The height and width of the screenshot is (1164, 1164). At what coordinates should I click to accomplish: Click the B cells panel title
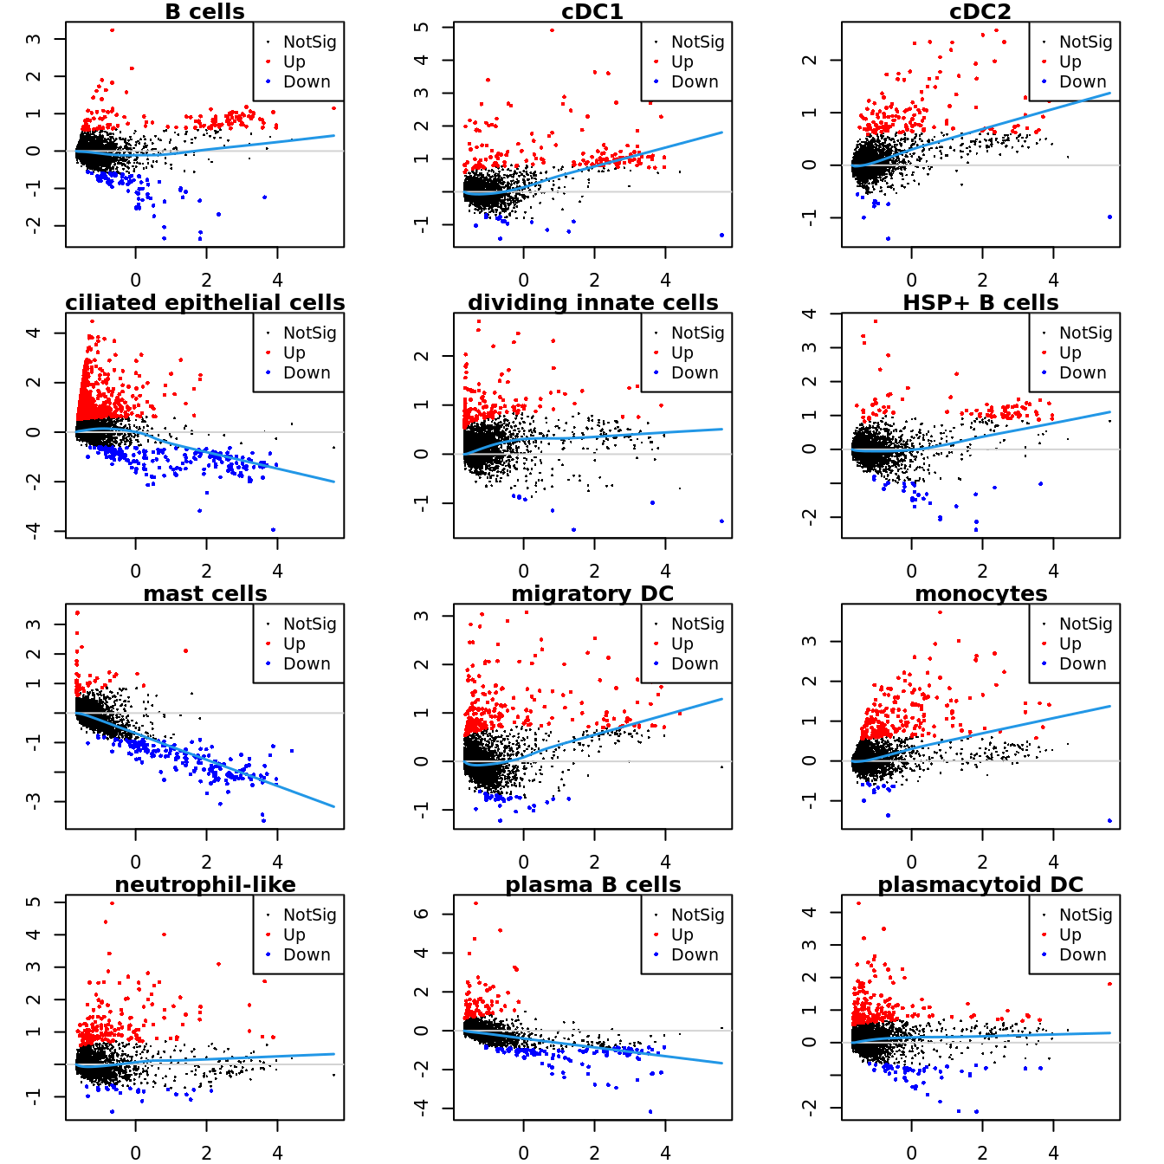point(204,12)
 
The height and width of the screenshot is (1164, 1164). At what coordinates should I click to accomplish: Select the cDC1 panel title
point(592,12)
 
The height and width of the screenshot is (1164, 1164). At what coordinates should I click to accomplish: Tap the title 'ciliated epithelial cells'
point(204,303)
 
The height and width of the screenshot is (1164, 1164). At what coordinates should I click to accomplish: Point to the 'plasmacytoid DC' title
point(980,885)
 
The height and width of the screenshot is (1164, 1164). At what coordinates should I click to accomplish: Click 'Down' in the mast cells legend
point(307,664)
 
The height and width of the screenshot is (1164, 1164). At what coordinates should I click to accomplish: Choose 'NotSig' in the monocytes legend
point(1085,624)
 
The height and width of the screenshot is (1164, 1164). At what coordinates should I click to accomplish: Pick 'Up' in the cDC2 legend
point(1070,61)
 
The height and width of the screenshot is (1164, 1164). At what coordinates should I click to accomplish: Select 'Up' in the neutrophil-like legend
point(294,934)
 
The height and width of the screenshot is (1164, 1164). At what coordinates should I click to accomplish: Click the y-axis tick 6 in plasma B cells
point(422,914)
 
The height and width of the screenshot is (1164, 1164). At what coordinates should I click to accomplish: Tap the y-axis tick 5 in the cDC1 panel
point(422,28)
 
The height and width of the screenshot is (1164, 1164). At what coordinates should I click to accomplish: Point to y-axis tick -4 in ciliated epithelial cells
point(34,530)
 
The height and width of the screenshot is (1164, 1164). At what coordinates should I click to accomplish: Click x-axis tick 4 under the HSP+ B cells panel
point(1053,572)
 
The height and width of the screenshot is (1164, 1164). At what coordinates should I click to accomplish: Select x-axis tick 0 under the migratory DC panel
point(523,863)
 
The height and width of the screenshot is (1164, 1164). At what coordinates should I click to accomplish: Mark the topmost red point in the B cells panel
point(112,30)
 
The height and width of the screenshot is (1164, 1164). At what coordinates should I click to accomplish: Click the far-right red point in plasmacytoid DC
point(1109,984)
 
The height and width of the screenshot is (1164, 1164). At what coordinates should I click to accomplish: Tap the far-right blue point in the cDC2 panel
point(1109,217)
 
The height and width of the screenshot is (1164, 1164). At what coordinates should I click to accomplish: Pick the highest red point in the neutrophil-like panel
point(112,903)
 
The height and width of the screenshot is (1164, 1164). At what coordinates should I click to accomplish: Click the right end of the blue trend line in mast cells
point(334,807)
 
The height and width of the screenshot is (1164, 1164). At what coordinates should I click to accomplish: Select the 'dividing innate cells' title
point(592,303)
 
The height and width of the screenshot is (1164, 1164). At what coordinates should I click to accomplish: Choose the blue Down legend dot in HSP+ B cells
point(1044,373)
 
